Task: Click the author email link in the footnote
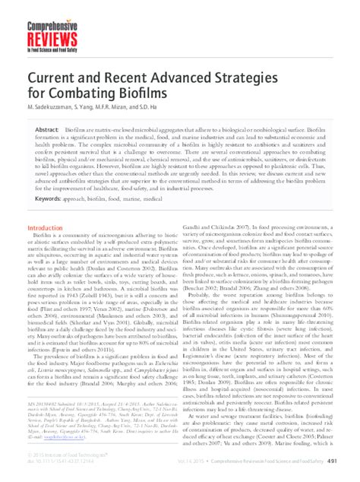click(x=56, y=439)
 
